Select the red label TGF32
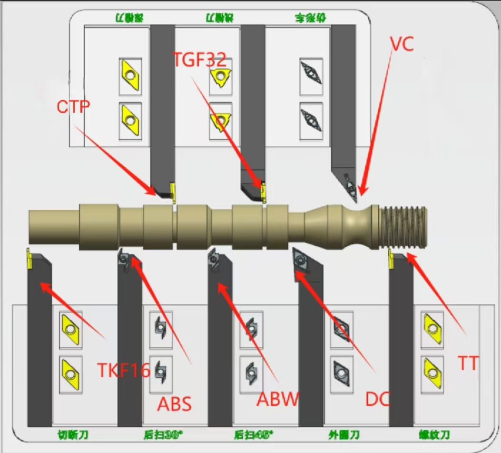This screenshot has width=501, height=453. pos(199,60)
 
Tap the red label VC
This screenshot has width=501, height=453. pos(402,43)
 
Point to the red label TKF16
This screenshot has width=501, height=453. pos(124,369)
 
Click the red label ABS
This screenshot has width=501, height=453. pos(175,404)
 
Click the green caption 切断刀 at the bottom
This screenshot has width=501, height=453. pos(73,434)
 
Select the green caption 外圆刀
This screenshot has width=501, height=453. pos(344,434)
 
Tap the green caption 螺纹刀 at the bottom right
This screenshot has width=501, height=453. pos(434,434)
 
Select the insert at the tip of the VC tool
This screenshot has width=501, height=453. pos(351,189)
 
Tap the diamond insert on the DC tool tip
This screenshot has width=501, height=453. pos(300,260)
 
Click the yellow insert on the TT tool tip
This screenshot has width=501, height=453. pos(391,257)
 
